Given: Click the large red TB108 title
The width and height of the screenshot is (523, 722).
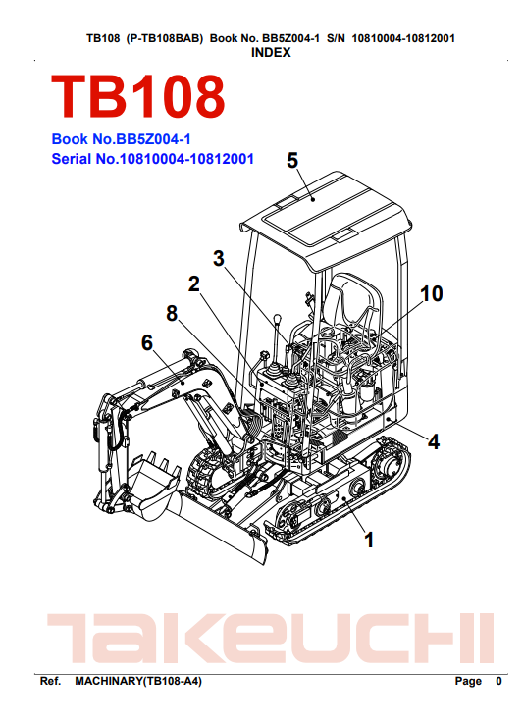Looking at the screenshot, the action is point(137,97).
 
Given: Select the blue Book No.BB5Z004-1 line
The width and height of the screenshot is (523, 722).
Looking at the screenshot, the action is point(121,139).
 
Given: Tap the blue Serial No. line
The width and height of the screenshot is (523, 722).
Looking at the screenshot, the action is point(152,159).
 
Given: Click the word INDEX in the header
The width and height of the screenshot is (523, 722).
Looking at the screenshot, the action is point(271,53).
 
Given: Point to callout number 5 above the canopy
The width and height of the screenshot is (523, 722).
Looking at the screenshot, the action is point(292,160).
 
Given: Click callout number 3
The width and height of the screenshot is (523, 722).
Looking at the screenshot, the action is point(219,258).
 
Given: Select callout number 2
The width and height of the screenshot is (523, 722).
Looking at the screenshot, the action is point(194,284).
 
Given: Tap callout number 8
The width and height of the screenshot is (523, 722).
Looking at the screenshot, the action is point(172,314).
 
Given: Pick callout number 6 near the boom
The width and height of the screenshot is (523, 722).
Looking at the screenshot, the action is point(147,343).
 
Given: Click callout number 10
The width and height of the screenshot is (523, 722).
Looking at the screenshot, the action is point(432,293).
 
